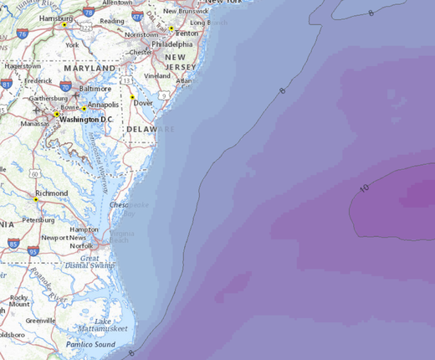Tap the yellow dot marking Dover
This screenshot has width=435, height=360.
(x=132, y=97)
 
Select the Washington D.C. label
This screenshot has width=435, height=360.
(x=85, y=120)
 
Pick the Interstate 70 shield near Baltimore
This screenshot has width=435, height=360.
(x=65, y=85)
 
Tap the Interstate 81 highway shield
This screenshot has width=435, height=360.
(x=7, y=84)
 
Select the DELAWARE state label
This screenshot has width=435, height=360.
(x=151, y=130)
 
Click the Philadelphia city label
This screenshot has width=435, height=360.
(x=172, y=44)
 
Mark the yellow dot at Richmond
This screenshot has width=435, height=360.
(x=36, y=200)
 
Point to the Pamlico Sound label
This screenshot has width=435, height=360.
(x=92, y=344)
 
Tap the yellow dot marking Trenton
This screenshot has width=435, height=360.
(x=171, y=28)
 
